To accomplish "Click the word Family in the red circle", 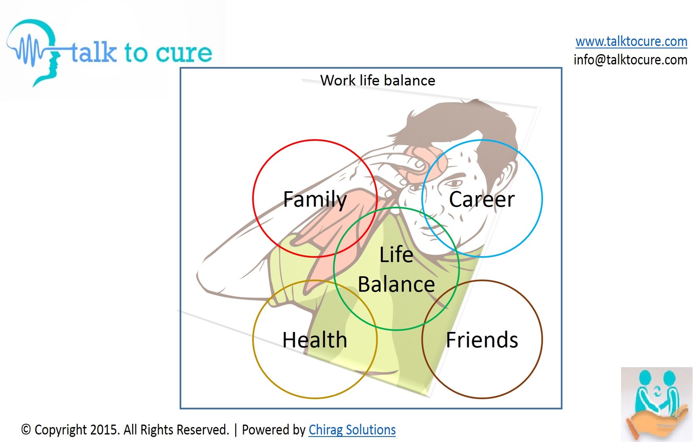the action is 315,199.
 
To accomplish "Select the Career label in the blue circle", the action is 482,199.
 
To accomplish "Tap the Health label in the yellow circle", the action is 315,340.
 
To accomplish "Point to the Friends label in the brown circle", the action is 482,340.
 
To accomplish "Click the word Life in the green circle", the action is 396,254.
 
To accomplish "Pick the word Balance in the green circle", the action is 396,284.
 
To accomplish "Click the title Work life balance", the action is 378,80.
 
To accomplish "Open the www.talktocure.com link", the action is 631,41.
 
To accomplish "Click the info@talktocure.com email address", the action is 630,60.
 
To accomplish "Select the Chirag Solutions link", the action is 352,429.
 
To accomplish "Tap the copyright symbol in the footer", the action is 26,429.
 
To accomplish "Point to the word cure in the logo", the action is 184,53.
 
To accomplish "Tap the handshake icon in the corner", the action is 657,404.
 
